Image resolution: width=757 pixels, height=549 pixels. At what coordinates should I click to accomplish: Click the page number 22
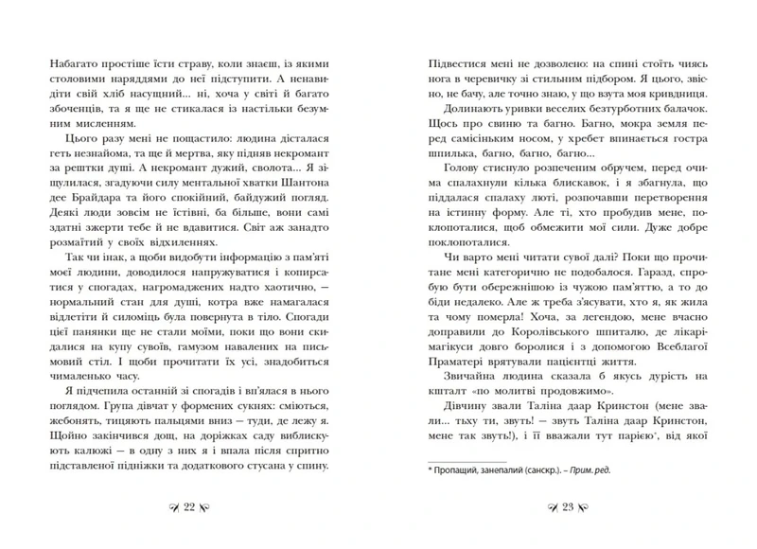click(x=187, y=509)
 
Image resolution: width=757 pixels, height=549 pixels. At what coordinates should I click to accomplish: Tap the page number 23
click(x=570, y=509)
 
